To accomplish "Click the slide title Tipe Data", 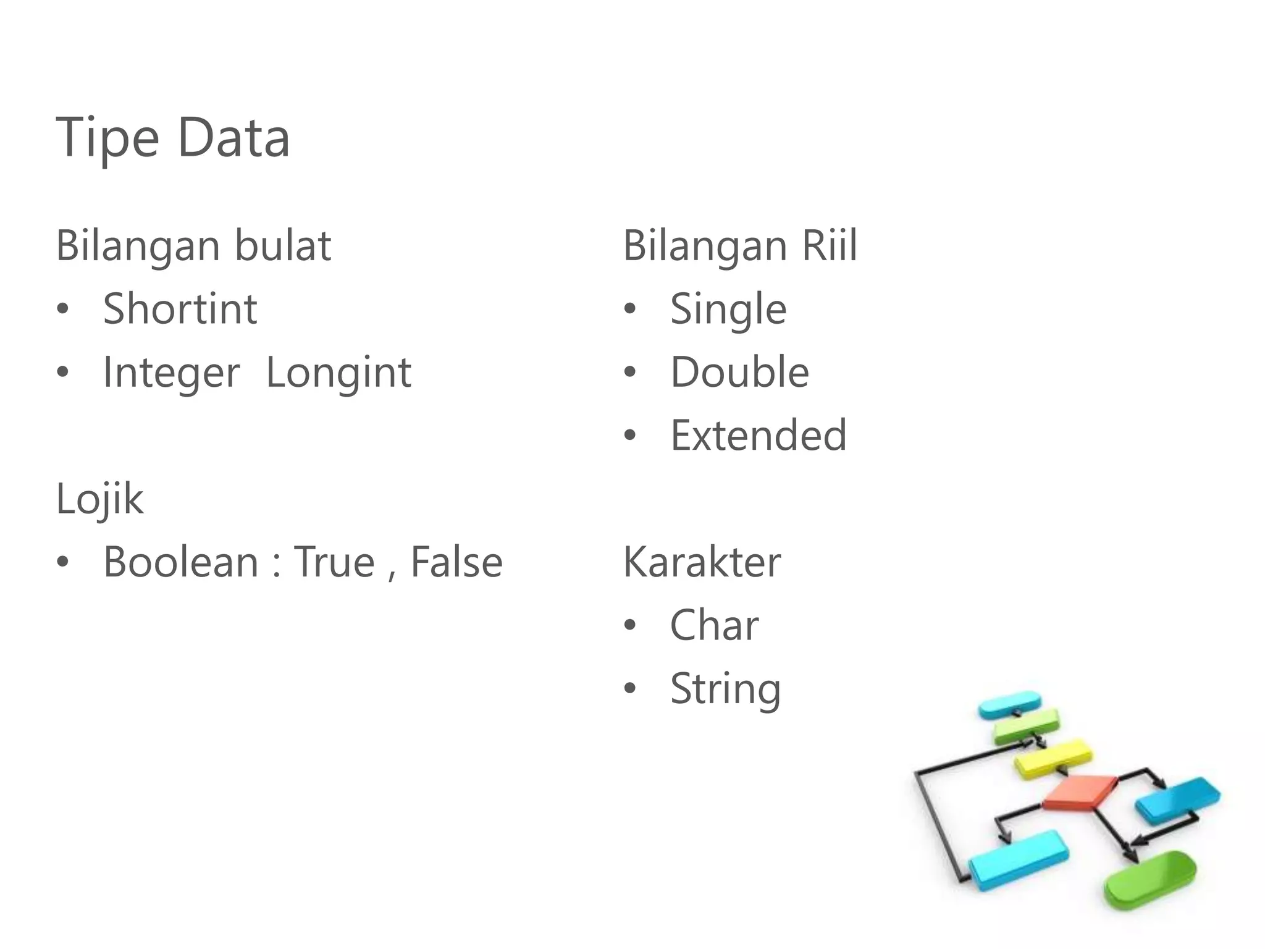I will point(172,138).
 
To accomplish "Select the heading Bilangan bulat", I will point(193,246).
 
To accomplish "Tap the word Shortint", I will point(180,309).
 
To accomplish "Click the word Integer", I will point(171,373).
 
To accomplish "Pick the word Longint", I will point(338,373).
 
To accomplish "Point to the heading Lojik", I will point(99,499).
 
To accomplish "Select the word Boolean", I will point(180,562).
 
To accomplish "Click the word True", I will point(334,562).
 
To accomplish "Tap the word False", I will point(456,562).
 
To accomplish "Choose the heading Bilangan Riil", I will point(740,246).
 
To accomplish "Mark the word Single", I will point(728,310).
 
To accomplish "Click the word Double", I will point(739,373).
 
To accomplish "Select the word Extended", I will point(759,436).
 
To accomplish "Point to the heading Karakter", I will point(702,562).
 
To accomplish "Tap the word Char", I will point(714,625).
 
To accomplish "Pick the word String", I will point(725,690).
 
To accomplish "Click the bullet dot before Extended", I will point(629,436).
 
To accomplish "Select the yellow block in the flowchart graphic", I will point(1053,757).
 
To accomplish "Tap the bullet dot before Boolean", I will point(62,562).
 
